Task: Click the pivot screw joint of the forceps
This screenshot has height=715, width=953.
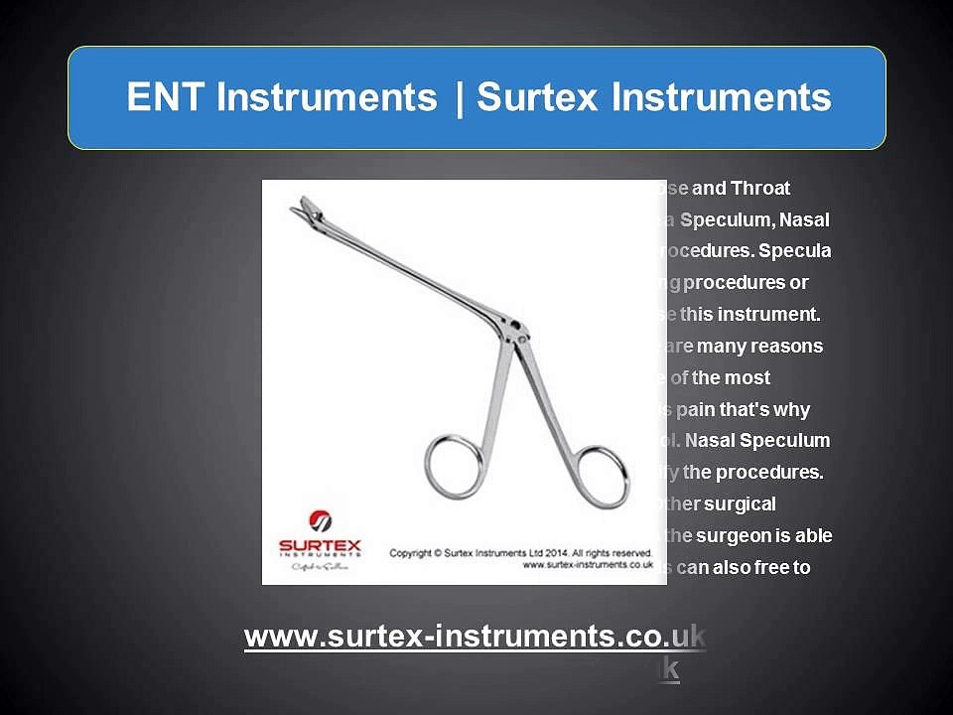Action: tap(507, 325)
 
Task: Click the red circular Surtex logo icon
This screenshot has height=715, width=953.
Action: tap(322, 520)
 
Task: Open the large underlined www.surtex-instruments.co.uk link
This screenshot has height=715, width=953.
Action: tap(475, 637)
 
